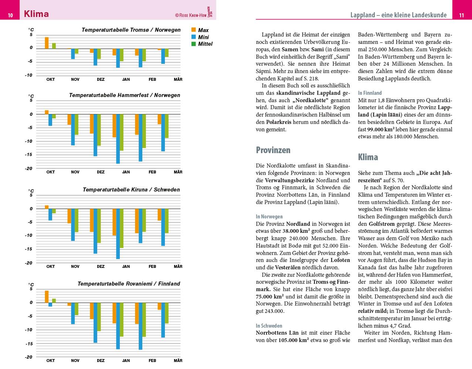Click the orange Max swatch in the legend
click(x=193, y=30)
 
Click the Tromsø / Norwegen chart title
click(x=131, y=30)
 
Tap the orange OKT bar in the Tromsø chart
click(x=47, y=43)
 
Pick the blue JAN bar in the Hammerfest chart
click(x=118, y=139)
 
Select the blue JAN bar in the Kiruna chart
click(x=118, y=234)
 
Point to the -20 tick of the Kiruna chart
click(x=29, y=263)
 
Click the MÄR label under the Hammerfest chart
click(x=178, y=172)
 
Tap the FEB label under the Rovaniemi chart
click(x=152, y=361)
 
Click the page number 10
click(x=10, y=15)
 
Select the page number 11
click(x=461, y=15)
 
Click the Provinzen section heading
click(x=273, y=150)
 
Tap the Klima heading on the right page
click(x=368, y=157)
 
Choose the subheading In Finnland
click(x=370, y=93)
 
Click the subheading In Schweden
click(x=269, y=326)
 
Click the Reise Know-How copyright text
click(x=191, y=15)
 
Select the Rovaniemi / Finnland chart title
click(x=129, y=284)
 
